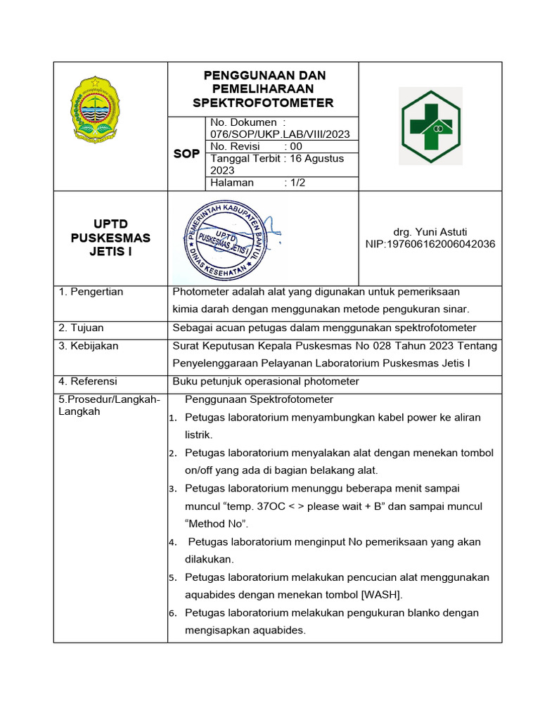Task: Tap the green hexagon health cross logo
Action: (x=430, y=126)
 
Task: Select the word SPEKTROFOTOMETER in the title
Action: (x=263, y=103)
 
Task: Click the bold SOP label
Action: (x=186, y=154)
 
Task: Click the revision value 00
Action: (x=297, y=146)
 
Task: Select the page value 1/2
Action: (x=296, y=182)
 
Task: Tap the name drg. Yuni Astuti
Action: (x=430, y=232)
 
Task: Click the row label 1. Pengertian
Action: (x=91, y=292)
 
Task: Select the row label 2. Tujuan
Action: (x=81, y=328)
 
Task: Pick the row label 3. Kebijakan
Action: (x=88, y=346)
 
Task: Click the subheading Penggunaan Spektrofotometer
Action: (x=258, y=399)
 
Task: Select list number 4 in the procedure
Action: (x=172, y=543)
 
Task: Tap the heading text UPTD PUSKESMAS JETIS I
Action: (x=110, y=238)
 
